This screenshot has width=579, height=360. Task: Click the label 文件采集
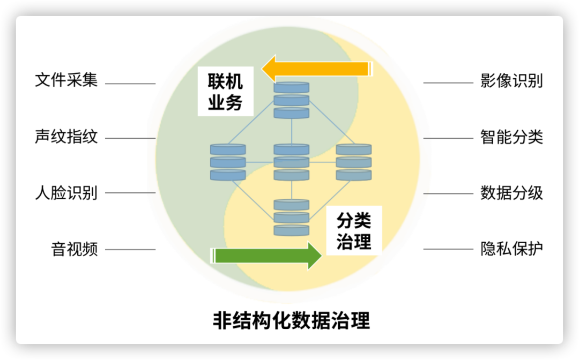point(66,81)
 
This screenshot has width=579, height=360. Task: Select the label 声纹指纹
point(66,137)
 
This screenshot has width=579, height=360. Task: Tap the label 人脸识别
point(66,193)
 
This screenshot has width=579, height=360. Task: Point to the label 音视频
point(75,249)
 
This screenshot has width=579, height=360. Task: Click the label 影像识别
point(512,81)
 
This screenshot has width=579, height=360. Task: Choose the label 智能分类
point(512,137)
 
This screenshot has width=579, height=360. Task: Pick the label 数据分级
point(512,193)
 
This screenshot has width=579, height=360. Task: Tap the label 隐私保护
point(512,249)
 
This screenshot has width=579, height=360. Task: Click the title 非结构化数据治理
point(291,321)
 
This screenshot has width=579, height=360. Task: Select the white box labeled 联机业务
point(225,92)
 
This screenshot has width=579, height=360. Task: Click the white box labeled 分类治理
point(354,230)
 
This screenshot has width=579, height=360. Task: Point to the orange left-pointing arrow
point(316,69)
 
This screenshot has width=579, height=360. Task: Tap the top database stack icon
point(292,100)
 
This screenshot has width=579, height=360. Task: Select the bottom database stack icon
point(292,217)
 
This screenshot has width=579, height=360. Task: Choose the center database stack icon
point(292,162)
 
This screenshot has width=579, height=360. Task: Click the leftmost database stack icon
point(228,162)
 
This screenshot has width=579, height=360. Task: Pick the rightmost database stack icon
point(354,162)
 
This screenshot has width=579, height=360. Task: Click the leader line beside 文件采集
point(130,84)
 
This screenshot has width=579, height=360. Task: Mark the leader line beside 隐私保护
point(448,249)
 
